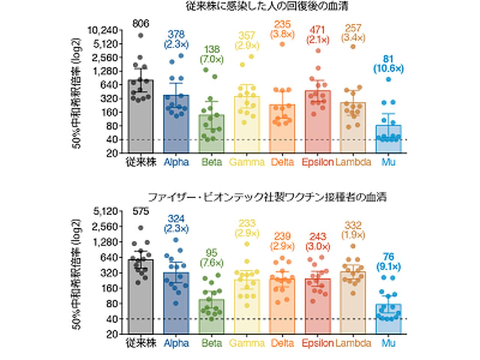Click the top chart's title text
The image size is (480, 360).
pos(267,6)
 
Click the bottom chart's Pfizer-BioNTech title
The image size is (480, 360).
pos(267,197)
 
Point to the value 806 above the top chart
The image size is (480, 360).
pos(141,24)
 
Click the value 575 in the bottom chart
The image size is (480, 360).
pos(141,211)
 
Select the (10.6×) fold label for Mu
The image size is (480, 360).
pos(388,69)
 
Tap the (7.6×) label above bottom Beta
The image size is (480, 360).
pos(211,262)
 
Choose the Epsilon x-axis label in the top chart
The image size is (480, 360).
pos(318,162)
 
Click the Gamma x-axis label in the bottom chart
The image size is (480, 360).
pos(246,343)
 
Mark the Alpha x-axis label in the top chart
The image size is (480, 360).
pos(176,162)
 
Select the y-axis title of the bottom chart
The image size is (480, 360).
pos(77,274)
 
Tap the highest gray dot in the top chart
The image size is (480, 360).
pos(141,35)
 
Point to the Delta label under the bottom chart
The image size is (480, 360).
pos(282,343)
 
